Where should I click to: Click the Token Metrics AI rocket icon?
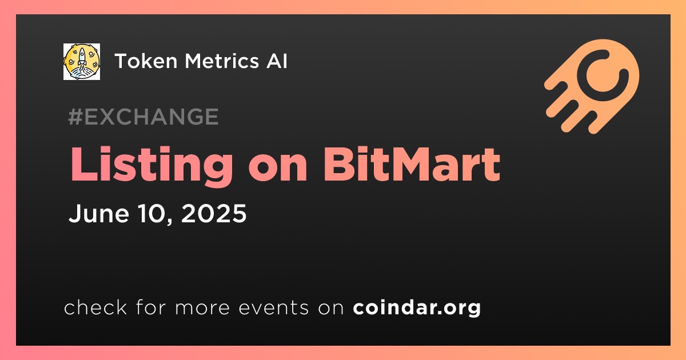(82, 62)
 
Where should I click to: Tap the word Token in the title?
(146, 61)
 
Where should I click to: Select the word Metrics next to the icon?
(222, 61)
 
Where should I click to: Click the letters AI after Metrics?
(277, 61)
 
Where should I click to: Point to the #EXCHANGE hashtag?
(143, 117)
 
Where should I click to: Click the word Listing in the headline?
(152, 166)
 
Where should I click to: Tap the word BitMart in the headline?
(411, 164)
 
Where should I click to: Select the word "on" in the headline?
(278, 169)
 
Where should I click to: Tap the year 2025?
(214, 213)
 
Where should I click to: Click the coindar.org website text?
(417, 308)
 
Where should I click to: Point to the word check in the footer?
(95, 307)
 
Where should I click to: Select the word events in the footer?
(274, 307)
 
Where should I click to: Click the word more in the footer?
(202, 308)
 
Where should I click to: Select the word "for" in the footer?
(151, 307)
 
